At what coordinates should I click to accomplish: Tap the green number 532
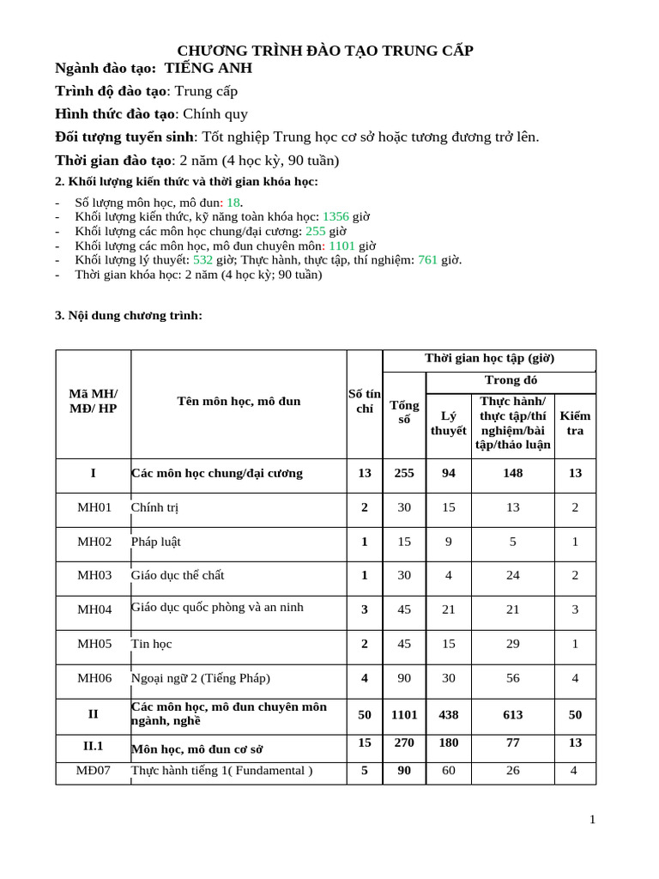point(203,260)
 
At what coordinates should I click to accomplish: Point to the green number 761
point(427,260)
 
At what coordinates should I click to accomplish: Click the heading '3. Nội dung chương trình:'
point(129,316)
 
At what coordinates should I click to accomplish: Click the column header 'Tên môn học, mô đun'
point(239,402)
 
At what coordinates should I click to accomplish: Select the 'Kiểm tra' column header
point(575,423)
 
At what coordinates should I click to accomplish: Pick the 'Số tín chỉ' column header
point(365,402)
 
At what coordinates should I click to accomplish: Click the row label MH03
point(94,575)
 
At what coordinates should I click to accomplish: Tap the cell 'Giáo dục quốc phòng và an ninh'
point(217,608)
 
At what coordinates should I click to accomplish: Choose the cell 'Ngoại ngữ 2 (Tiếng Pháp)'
point(200,678)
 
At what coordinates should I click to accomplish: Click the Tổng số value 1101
point(404,714)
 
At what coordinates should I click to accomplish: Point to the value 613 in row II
point(512,714)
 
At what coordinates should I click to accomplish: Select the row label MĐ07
point(94,771)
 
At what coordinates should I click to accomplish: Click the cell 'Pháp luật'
point(155,542)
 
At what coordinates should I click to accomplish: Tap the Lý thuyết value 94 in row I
point(448,473)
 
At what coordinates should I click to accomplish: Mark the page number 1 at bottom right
point(592,820)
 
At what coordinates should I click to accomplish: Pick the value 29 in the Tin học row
point(512,644)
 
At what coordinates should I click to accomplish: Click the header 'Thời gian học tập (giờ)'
point(489,359)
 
